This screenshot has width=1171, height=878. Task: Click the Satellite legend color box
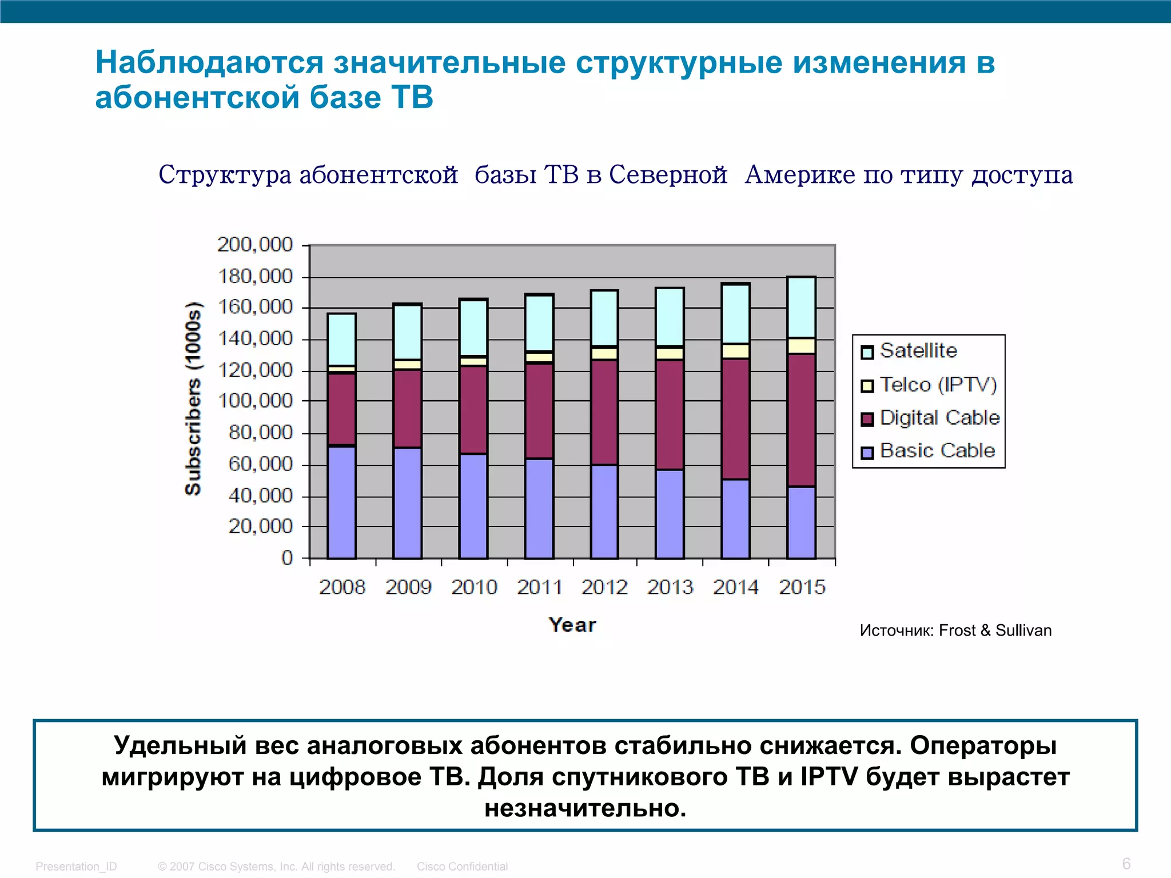click(867, 352)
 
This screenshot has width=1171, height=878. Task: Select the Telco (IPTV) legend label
click(938, 385)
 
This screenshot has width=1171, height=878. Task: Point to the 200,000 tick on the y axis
click(255, 245)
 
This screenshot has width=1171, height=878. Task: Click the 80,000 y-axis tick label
click(260, 433)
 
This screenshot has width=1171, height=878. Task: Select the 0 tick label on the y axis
click(287, 557)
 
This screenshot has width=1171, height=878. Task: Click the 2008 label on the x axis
click(342, 587)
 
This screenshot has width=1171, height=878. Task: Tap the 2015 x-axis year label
click(802, 587)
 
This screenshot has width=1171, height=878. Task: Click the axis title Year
click(572, 625)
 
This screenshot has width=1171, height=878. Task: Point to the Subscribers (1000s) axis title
click(193, 398)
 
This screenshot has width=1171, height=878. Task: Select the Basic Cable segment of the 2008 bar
click(341, 502)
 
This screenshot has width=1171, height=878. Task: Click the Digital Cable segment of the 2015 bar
click(802, 420)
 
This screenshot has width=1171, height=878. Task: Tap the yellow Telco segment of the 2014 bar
click(735, 351)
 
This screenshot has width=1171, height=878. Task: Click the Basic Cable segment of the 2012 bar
click(604, 511)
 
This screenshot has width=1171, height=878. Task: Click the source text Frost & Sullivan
click(995, 630)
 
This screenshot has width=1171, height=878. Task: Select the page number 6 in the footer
click(1126, 863)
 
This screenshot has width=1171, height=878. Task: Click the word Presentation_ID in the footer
click(76, 867)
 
